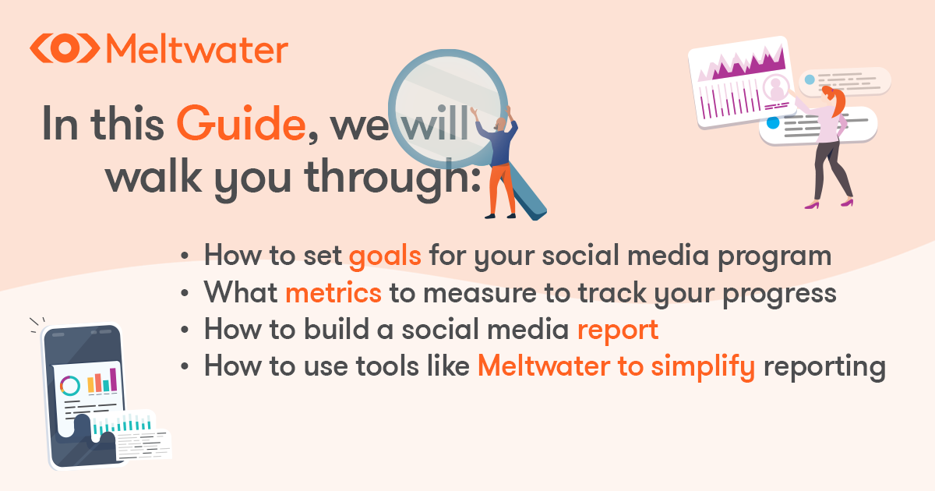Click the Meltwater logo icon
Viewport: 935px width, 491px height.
click(x=65, y=48)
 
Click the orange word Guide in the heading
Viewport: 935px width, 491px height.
click(x=242, y=124)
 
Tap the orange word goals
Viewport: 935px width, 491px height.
click(x=385, y=256)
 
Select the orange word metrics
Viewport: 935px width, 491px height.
click(x=333, y=293)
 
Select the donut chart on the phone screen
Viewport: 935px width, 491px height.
click(x=69, y=385)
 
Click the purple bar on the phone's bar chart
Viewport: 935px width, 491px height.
click(x=113, y=380)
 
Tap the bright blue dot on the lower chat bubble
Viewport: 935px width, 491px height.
click(x=773, y=123)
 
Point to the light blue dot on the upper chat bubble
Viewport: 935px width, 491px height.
click(x=810, y=79)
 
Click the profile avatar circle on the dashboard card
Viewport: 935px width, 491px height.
click(x=775, y=87)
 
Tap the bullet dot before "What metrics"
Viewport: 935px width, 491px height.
click(x=185, y=294)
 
